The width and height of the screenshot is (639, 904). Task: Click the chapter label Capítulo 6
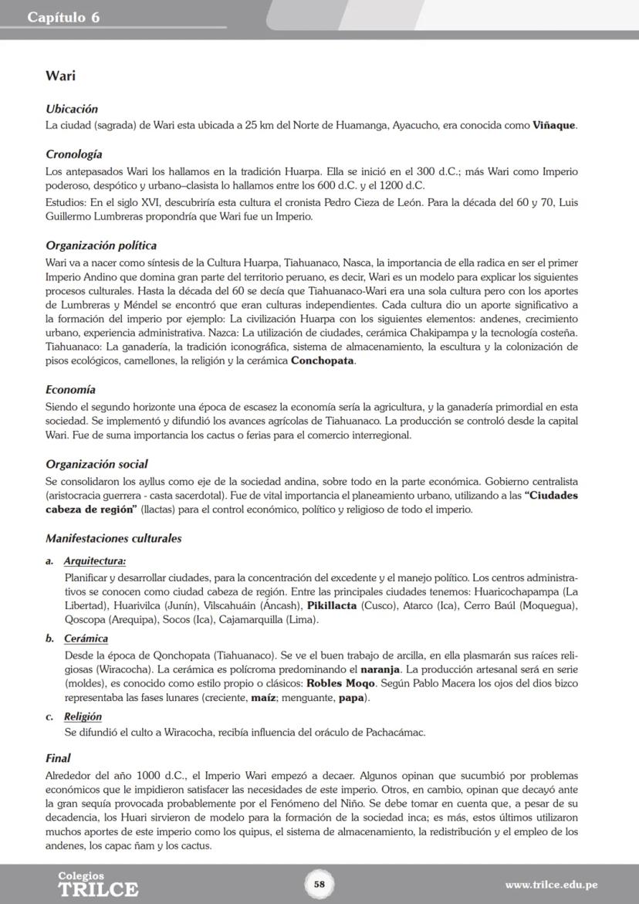tap(63, 18)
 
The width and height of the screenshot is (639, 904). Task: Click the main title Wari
tap(59, 76)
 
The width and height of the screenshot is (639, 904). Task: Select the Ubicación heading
tap(72, 110)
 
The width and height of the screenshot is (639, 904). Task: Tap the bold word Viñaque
tap(554, 125)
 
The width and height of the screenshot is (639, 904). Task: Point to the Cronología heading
tap(74, 154)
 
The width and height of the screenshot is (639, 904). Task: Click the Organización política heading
tap(101, 245)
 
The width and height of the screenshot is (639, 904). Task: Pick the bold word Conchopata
tap(323, 361)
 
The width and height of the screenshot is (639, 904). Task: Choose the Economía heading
tap(70, 390)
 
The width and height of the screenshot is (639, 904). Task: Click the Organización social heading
tap(96, 464)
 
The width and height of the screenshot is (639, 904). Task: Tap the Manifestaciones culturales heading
tap(113, 538)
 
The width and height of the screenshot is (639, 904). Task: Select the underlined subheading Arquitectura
tap(95, 561)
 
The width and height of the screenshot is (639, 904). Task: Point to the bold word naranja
tap(375, 669)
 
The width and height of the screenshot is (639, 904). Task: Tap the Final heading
tap(58, 758)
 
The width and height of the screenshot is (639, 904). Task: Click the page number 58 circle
tap(319, 884)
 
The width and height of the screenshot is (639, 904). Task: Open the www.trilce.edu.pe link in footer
tap(551, 885)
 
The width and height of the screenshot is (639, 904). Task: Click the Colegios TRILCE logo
tap(98, 885)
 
